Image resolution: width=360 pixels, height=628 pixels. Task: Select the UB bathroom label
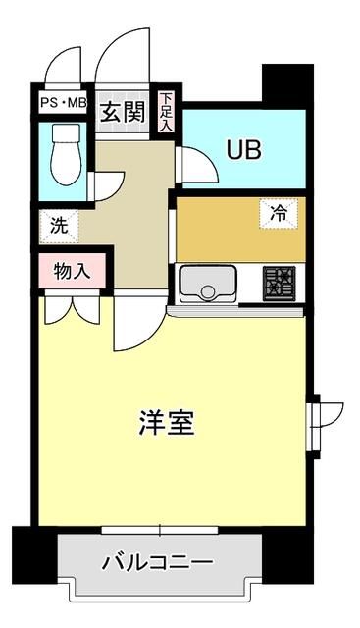[x=244, y=150]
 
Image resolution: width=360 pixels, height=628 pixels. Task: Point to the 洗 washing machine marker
[x=59, y=225]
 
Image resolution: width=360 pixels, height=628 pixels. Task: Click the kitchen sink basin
[x=207, y=285]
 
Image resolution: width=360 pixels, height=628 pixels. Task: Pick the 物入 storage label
[x=72, y=270]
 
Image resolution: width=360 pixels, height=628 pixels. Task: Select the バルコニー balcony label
[x=158, y=564]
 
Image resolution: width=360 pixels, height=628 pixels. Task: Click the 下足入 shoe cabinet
[x=167, y=112]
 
